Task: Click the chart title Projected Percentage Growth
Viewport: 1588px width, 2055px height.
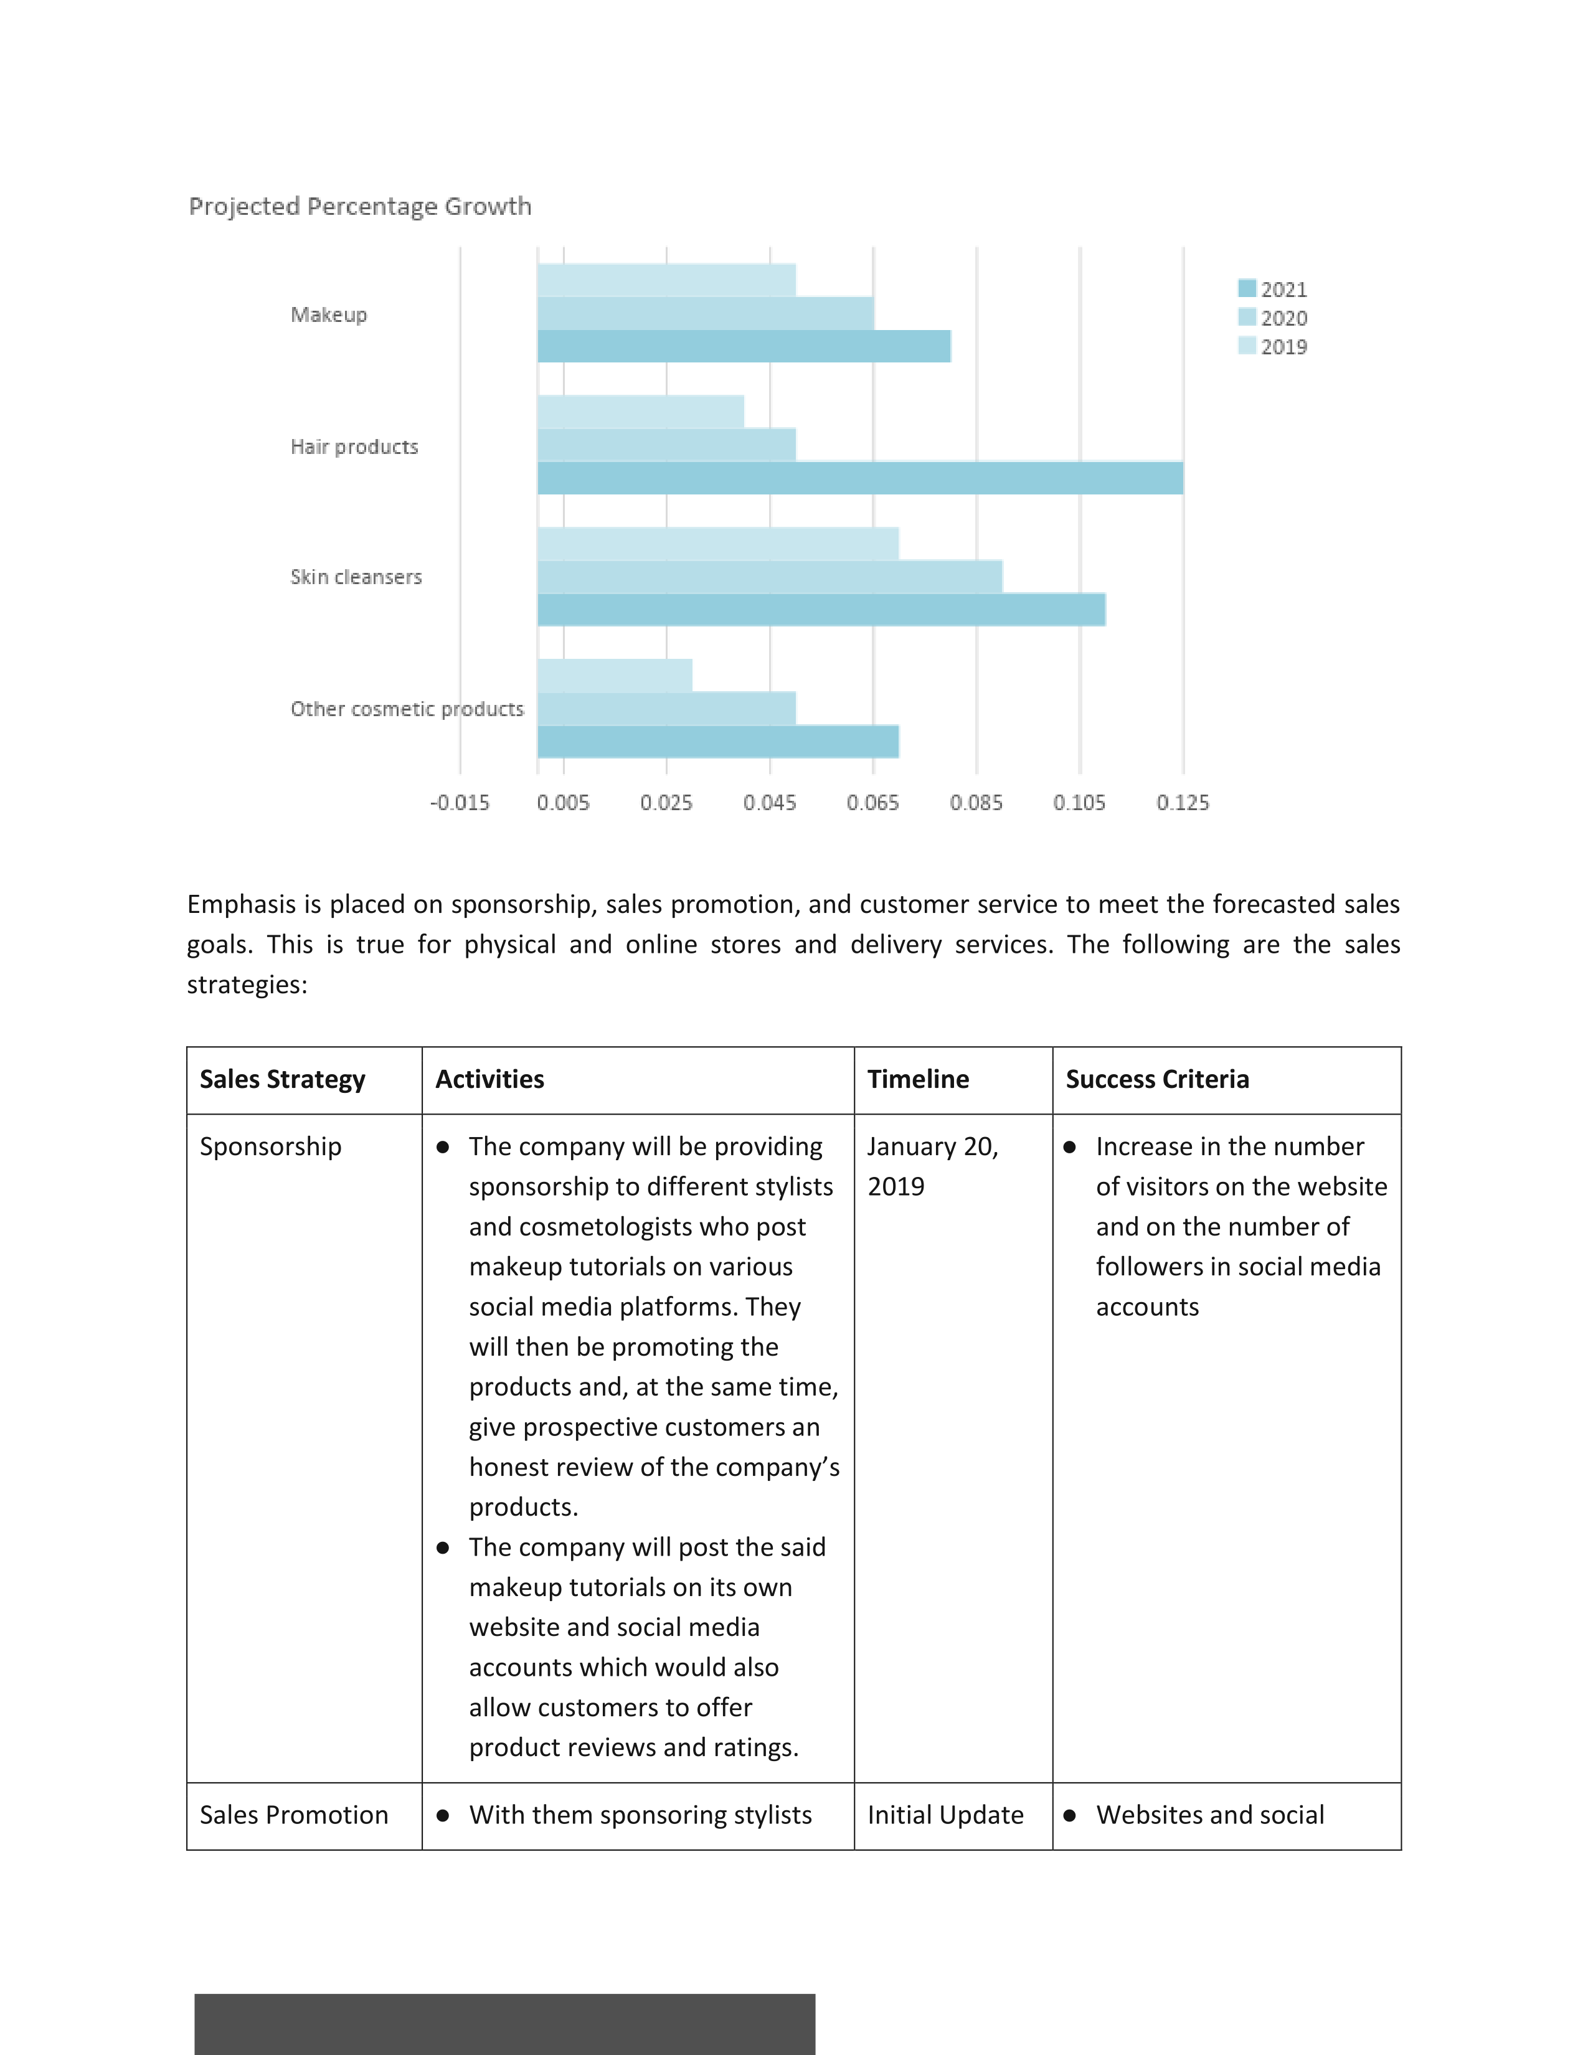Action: [x=361, y=206]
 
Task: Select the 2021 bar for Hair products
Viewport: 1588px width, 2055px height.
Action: [x=861, y=478]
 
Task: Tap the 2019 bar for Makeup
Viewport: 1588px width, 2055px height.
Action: [x=667, y=280]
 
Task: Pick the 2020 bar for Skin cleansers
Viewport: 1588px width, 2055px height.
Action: [x=770, y=577]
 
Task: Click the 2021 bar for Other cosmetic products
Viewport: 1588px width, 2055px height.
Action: [x=719, y=742]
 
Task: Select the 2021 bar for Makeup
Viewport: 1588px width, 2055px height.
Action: [x=744, y=346]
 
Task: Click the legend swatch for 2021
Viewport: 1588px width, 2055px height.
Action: [x=1247, y=288]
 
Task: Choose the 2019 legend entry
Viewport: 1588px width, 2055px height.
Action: [x=1273, y=346]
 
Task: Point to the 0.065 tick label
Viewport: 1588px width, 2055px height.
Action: [x=873, y=803]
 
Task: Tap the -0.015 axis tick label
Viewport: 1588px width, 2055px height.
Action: [x=460, y=803]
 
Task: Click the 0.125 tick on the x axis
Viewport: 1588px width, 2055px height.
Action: [x=1183, y=803]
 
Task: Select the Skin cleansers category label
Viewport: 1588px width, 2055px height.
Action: [x=357, y=577]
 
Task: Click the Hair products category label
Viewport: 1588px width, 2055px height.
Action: [x=355, y=446]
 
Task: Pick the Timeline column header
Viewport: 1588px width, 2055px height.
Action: [x=918, y=1079]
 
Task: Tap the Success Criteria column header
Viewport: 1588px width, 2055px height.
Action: [x=1157, y=1079]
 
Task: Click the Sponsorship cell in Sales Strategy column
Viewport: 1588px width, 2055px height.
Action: [x=271, y=1147]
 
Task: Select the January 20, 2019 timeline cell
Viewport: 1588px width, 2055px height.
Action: [x=933, y=1167]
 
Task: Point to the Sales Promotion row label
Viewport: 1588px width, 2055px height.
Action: [x=293, y=1815]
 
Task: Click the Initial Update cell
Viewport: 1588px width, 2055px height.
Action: [x=945, y=1815]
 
